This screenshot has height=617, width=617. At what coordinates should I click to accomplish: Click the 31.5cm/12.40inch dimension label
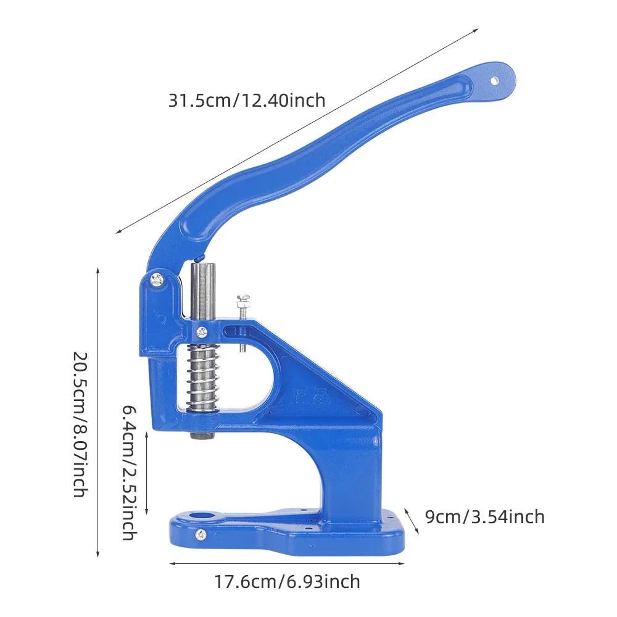click(247, 101)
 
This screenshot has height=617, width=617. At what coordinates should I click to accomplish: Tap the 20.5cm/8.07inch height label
click(80, 424)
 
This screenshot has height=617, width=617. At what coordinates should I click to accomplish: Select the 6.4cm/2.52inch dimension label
click(129, 472)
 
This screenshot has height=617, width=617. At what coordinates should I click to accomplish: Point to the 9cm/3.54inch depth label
click(485, 516)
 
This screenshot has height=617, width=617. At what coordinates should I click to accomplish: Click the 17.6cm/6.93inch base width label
click(287, 582)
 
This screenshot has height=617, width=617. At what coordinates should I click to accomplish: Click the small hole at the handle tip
click(494, 81)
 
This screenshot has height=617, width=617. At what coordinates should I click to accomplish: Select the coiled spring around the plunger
click(203, 378)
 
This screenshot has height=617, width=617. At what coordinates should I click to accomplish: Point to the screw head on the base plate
click(201, 534)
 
